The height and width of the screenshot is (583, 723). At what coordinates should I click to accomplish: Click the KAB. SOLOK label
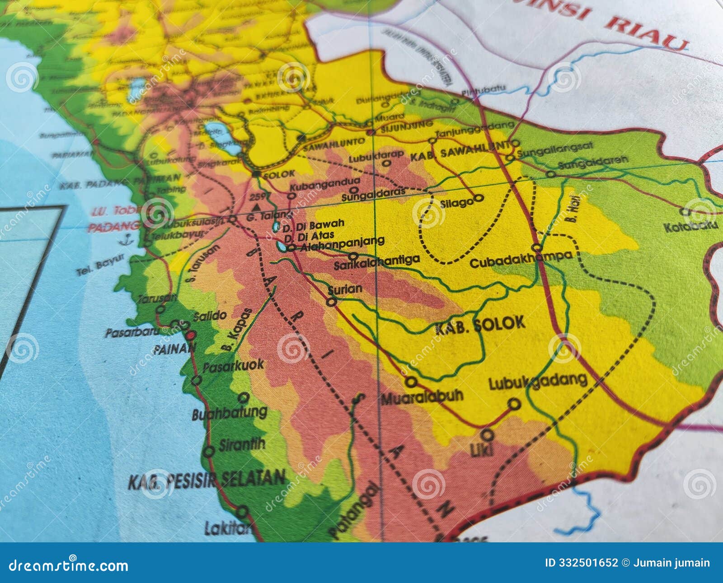(480, 324)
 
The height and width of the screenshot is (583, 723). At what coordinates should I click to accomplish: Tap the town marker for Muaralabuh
(411, 382)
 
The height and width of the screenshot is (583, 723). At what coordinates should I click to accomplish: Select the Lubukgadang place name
(538, 382)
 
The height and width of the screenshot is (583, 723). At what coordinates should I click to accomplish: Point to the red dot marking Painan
(190, 336)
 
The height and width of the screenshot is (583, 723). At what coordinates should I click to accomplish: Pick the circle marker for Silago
(479, 198)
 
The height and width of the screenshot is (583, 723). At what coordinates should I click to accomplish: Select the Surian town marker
(332, 302)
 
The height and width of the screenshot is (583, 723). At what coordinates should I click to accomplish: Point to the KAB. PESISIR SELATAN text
(207, 480)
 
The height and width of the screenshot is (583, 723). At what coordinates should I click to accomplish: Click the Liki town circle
(487, 435)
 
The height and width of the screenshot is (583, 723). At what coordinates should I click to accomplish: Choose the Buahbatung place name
(230, 413)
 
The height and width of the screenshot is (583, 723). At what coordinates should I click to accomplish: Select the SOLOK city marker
(257, 173)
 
